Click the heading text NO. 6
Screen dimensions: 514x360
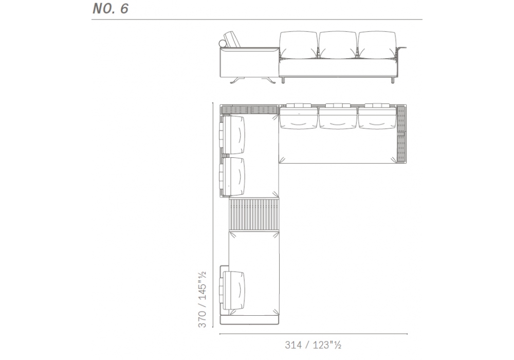pyautogui.click(x=111, y=9)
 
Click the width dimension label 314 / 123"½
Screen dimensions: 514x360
pyautogui.click(x=313, y=345)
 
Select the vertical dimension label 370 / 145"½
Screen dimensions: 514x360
pyautogui.click(x=202, y=299)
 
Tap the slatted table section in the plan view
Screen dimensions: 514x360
pyautogui.click(x=254, y=214)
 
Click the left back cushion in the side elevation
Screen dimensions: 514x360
pyautogui.click(x=299, y=45)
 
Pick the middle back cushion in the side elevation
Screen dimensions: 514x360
pyautogui.click(x=338, y=45)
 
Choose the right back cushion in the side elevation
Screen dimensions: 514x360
pyautogui.click(x=377, y=45)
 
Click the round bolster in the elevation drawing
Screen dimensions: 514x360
pyautogui.click(x=222, y=44)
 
